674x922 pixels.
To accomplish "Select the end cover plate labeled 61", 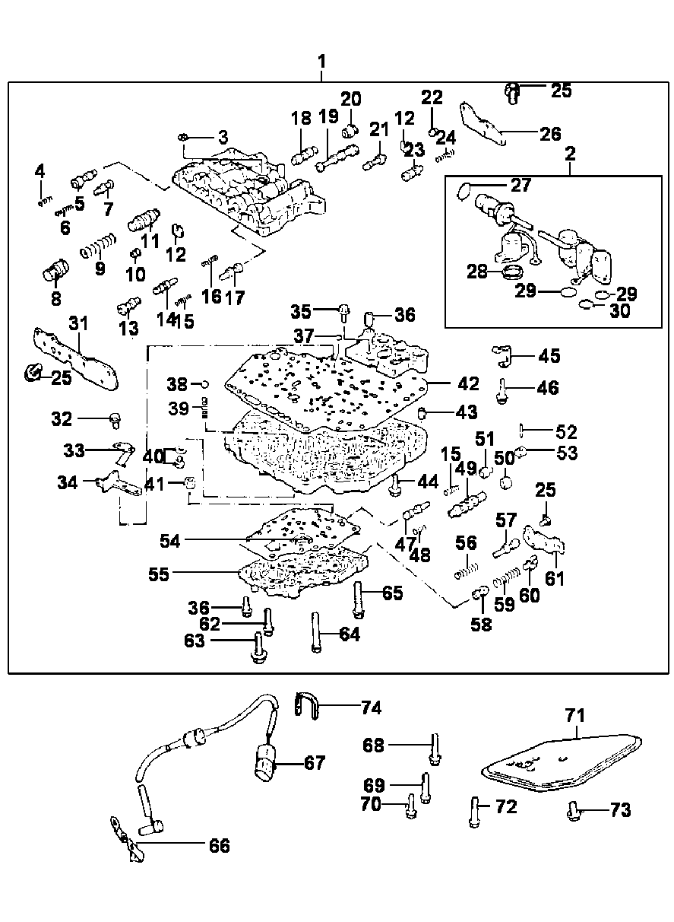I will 546,541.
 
